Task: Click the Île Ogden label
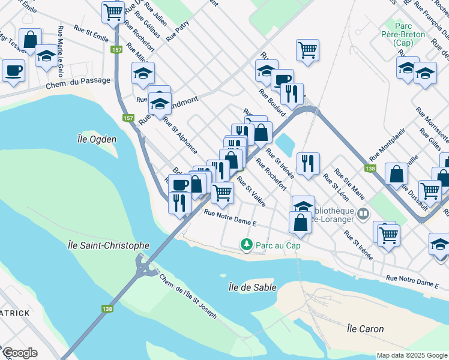tap(97, 139)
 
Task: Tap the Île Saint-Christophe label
tap(109, 245)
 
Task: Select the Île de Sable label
tap(252, 287)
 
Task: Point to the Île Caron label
tap(365, 329)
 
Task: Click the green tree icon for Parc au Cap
tap(246, 244)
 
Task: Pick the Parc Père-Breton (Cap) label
tap(410, 34)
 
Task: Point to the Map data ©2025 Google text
tap(412, 355)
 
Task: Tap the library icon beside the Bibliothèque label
tap(363, 214)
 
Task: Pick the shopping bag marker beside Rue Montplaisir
tap(397, 175)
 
